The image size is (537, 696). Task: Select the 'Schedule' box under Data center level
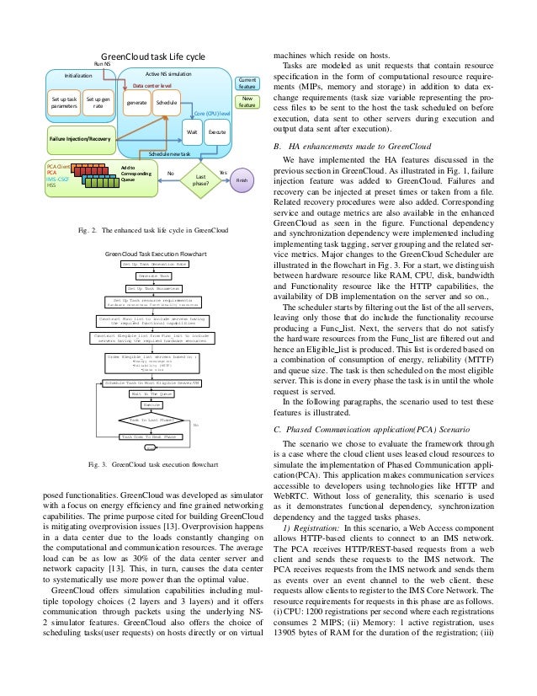[x=167, y=103]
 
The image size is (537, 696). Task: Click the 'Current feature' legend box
[x=247, y=82]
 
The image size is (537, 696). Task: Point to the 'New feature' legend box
[x=247, y=102]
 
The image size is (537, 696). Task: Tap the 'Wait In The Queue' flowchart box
[x=152, y=393]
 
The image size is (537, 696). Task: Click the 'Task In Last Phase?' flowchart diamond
[x=152, y=419]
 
